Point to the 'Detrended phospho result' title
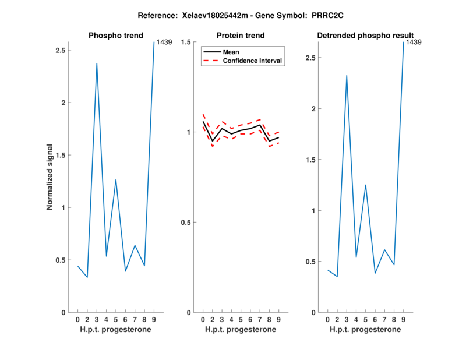(x=365, y=36)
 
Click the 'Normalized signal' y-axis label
(x=50, y=177)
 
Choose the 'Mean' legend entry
(x=231, y=52)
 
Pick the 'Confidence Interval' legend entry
(x=253, y=61)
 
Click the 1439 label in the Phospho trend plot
(x=163, y=43)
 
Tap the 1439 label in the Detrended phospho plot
(x=413, y=43)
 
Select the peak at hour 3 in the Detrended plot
(x=347, y=75)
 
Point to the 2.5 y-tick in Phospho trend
(x=59, y=51)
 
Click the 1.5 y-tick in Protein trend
(x=186, y=43)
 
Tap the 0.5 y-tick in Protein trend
(x=186, y=223)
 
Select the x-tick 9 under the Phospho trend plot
(x=154, y=320)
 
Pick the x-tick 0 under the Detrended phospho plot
(x=327, y=320)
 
